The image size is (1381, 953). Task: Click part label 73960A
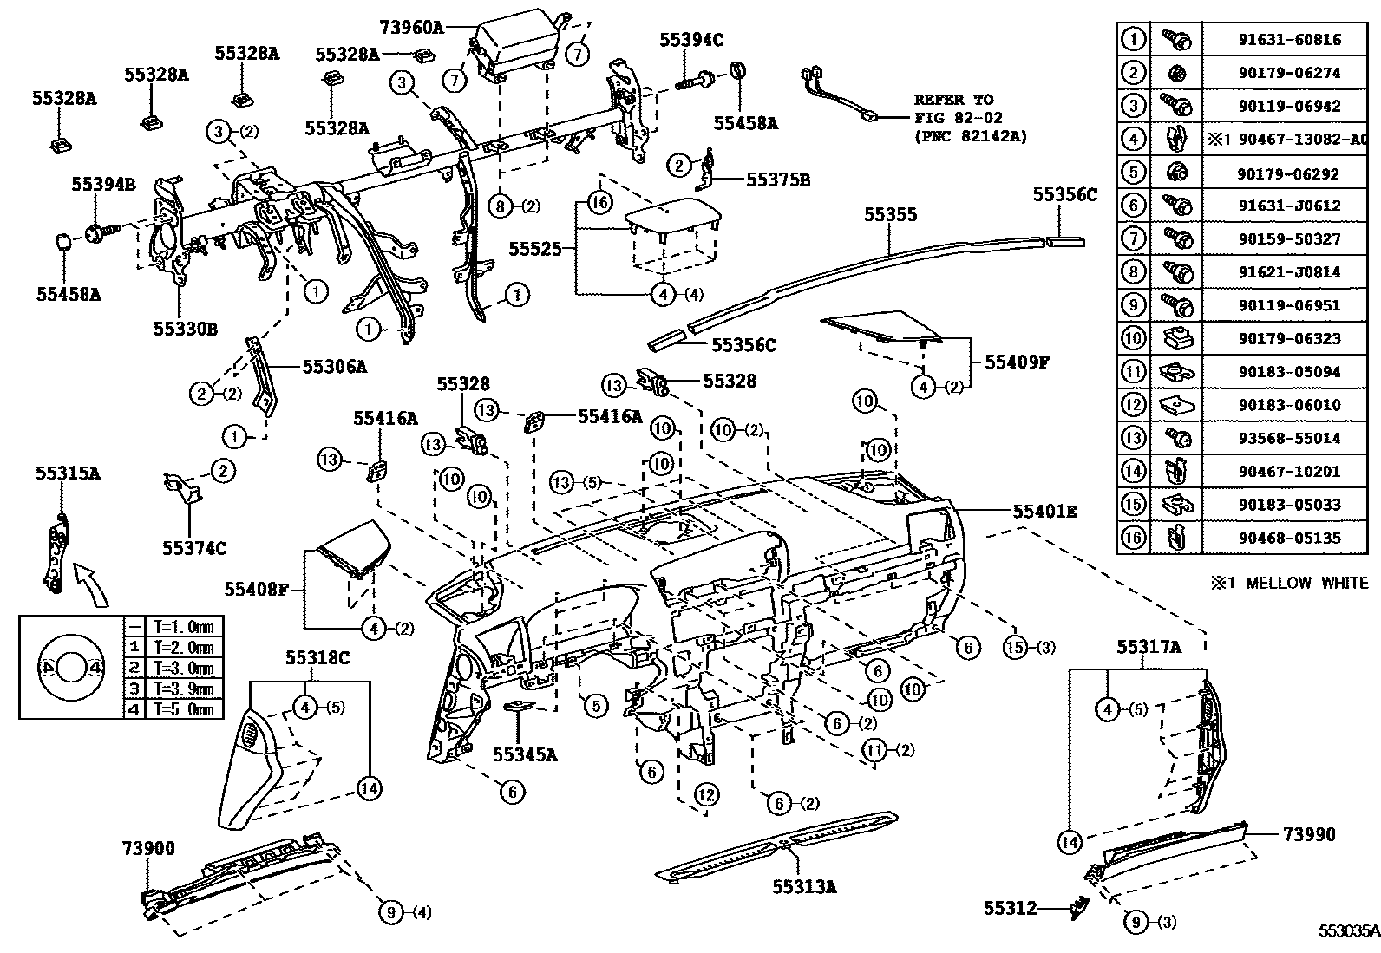(x=411, y=28)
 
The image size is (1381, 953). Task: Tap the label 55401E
(x=1044, y=512)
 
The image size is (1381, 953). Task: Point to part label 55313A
(x=804, y=886)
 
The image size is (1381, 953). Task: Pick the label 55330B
(x=185, y=329)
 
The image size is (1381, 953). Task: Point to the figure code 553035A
(x=1349, y=930)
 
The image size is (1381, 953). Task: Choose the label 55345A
(x=524, y=754)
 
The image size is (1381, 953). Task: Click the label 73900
(x=148, y=848)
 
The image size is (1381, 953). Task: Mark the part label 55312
(x=1010, y=908)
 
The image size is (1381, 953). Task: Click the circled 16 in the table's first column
(x=1133, y=538)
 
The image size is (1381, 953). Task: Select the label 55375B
(x=778, y=180)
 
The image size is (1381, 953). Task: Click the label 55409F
(x=1016, y=362)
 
